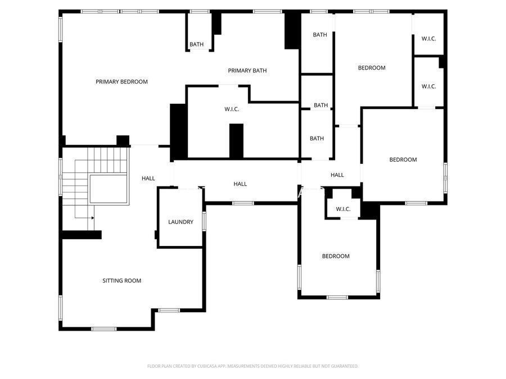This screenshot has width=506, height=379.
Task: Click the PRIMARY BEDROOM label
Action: (121, 82)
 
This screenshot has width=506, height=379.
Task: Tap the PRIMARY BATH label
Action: (247, 71)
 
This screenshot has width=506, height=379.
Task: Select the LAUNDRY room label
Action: (180, 222)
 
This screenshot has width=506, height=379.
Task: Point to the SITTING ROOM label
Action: (121, 281)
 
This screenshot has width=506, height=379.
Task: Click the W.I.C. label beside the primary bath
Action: (232, 109)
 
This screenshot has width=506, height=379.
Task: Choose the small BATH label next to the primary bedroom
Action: (197, 44)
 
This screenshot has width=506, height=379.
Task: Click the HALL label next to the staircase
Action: (148, 179)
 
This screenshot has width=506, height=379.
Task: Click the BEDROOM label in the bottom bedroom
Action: (336, 257)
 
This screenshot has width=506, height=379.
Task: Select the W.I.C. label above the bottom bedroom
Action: (343, 209)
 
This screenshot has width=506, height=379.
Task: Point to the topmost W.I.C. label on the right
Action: (428, 39)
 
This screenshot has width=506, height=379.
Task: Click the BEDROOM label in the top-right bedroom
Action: (372, 68)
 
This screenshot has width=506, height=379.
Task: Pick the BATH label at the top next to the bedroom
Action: (320, 35)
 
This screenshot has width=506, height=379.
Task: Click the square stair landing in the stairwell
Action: (109, 188)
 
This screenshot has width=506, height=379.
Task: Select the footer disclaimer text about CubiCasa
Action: (252, 366)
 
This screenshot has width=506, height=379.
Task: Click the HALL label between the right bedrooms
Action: (337, 175)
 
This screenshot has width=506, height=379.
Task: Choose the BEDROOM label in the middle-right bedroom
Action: (403, 160)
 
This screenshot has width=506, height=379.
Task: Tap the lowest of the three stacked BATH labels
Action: (317, 139)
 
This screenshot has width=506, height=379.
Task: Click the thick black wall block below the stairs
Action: (82, 235)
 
